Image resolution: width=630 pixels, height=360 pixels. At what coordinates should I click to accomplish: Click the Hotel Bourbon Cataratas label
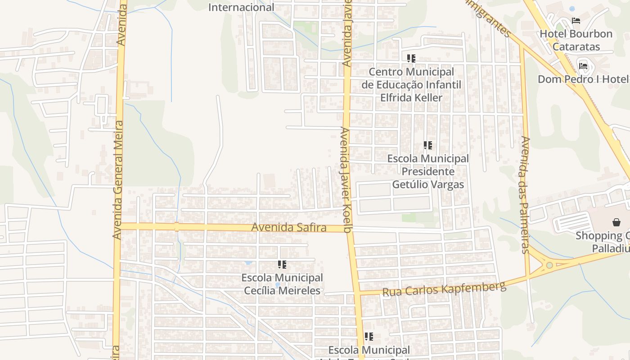[576, 40]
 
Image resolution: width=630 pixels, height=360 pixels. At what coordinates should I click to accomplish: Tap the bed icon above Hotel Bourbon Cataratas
[576, 21]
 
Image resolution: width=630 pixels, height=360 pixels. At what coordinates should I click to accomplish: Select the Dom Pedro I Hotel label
[583, 79]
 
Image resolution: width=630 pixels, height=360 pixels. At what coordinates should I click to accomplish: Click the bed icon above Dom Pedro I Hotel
[583, 66]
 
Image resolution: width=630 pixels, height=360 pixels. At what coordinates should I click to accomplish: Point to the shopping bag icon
[616, 222]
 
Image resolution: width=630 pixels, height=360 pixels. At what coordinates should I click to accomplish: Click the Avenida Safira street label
[288, 228]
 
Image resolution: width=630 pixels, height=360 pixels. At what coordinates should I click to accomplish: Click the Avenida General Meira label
[118, 180]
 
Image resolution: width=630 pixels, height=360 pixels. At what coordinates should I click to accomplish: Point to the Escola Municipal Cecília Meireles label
[283, 284]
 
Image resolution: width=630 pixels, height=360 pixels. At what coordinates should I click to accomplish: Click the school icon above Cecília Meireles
[282, 265]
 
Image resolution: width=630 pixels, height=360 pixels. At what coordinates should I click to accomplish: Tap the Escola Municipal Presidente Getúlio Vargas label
[428, 171]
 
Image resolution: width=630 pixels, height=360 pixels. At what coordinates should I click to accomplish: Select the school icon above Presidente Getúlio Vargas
[427, 145]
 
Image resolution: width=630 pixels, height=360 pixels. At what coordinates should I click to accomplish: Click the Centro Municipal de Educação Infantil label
[411, 85]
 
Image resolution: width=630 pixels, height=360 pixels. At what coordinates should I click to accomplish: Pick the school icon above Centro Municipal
[411, 58]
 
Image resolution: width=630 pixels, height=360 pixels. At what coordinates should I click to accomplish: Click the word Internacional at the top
[241, 7]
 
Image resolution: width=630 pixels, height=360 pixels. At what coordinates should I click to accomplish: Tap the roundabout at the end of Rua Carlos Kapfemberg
[549, 265]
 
